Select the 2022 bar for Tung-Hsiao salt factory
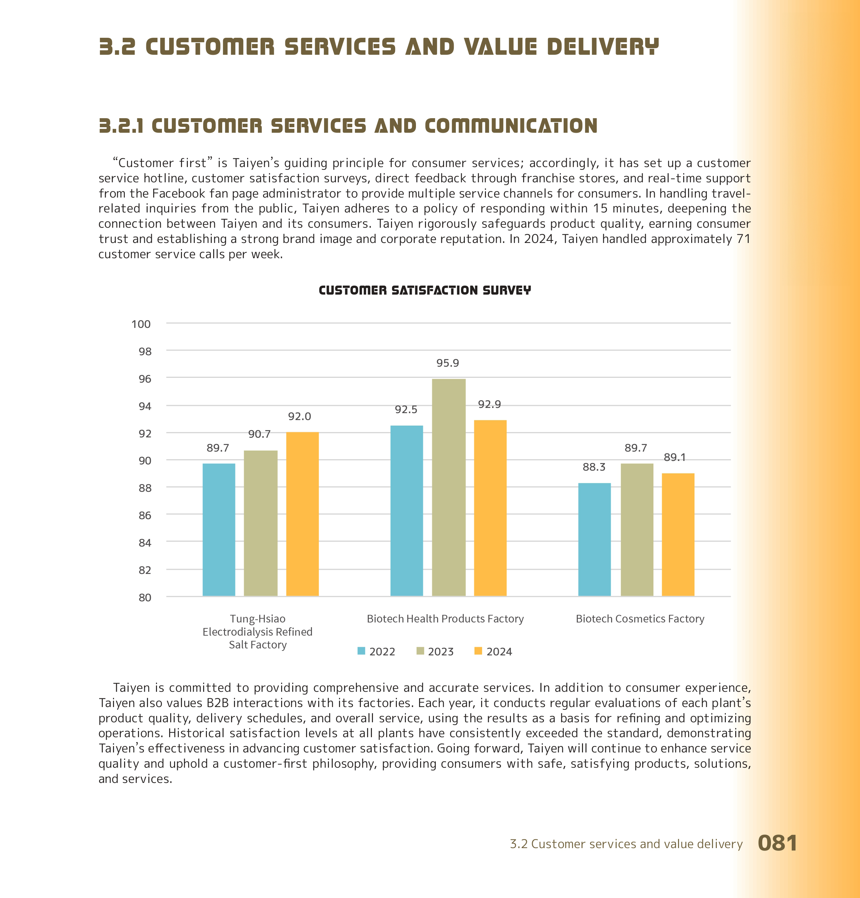point(219,530)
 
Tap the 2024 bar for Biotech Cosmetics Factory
point(678,535)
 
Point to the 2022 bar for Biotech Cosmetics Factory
point(594,539)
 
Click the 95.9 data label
point(448,363)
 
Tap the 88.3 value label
point(594,467)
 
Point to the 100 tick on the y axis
point(141,324)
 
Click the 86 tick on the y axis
point(145,515)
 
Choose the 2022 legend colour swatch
point(361,651)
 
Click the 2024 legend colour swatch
point(478,651)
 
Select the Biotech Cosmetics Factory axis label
point(640,619)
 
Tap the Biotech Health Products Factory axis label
point(445,619)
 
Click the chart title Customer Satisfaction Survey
point(425,290)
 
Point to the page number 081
point(777,843)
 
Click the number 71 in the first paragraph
point(743,239)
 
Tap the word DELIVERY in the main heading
point(602,47)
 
